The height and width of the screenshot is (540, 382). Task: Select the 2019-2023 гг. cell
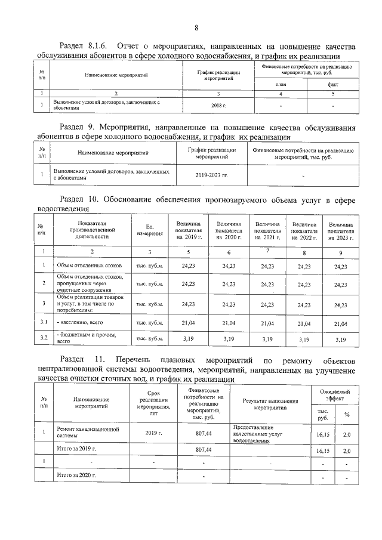pos(211,175)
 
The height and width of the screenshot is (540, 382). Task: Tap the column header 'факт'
pos(333,85)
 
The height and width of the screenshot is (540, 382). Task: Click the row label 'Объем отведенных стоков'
pos(89,265)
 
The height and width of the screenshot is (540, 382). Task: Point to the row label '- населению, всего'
pos(80,323)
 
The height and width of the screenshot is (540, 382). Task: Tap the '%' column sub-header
pos(346,414)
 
